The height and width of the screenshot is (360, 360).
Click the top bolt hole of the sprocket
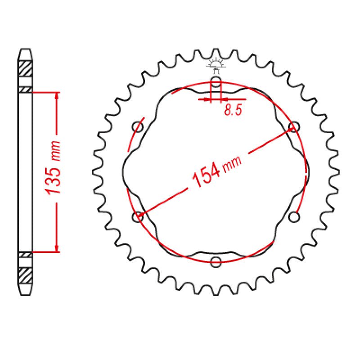tap(216, 82)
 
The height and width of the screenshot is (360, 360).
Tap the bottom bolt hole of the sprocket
tap(216, 261)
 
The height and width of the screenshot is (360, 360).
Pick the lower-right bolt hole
tap(294, 217)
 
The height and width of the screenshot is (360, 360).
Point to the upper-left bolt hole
tap(138, 127)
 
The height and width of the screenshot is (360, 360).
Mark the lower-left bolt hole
tap(138, 217)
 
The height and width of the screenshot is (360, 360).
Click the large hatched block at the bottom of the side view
tap(26, 274)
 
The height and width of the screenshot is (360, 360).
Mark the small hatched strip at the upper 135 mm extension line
tap(26, 90)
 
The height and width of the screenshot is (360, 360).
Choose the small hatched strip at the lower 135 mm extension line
tap(26, 255)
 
